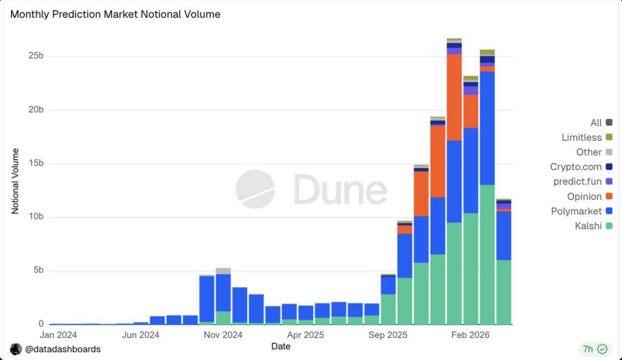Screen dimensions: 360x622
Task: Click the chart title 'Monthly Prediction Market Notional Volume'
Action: [x=115, y=14]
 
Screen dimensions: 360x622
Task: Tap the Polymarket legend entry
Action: [x=577, y=212]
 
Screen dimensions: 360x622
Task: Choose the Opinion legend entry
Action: [x=584, y=197]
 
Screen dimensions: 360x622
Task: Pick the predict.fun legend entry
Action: [x=577, y=182]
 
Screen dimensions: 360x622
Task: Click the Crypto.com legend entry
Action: [x=576, y=167]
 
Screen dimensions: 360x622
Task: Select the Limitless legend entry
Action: [x=582, y=137]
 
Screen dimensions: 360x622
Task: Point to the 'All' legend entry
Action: [x=596, y=123]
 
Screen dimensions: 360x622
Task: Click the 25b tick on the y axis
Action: [x=36, y=56]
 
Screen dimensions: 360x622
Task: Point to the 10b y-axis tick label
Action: [x=36, y=217]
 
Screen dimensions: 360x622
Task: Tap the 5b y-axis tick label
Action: [x=38, y=270]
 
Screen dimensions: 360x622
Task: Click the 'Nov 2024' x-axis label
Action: [x=223, y=335]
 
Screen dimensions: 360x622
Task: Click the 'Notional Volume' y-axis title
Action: [x=15, y=181]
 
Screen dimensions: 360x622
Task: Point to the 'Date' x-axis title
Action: [x=281, y=347]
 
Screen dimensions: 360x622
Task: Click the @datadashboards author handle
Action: [x=63, y=349]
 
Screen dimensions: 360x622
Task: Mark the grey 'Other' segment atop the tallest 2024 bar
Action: [x=223, y=270]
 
